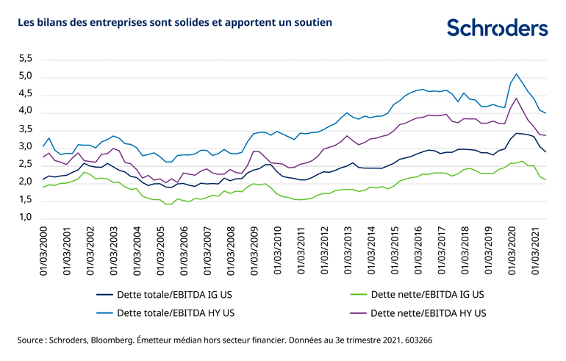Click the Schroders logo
[x=497, y=27]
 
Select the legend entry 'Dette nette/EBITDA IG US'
[x=426, y=294]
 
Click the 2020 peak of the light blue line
[x=516, y=74]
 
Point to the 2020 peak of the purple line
[x=516, y=99]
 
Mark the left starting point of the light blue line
[x=43, y=146]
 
